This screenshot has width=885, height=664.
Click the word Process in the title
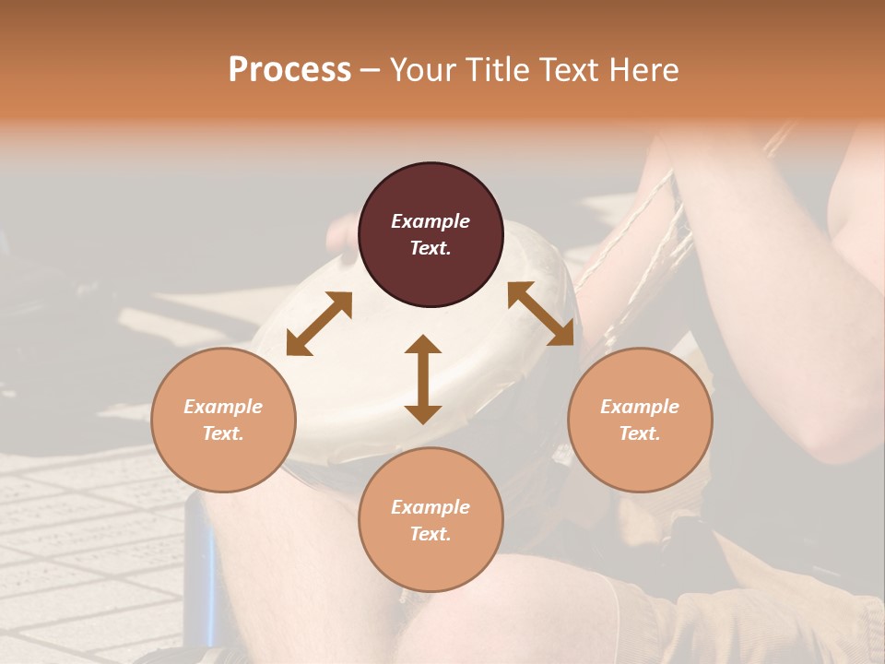tap(289, 70)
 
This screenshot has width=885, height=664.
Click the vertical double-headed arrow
tap(423, 379)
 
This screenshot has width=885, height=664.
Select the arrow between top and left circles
tap(319, 324)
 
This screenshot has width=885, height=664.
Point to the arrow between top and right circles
tap(541, 314)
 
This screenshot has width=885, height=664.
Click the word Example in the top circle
tap(431, 221)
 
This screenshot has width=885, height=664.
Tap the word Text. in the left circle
tap(223, 433)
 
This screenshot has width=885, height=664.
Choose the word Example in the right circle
tap(640, 407)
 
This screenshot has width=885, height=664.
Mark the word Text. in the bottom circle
tap(431, 534)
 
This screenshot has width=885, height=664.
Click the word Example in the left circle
tap(223, 407)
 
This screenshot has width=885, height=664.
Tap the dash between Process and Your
tap(371, 71)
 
